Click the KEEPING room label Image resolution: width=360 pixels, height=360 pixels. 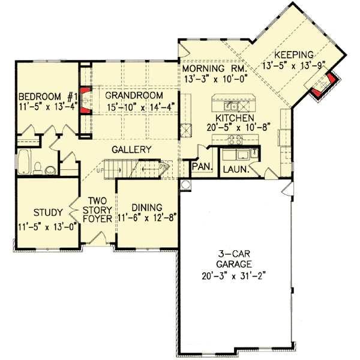click(x=295, y=53)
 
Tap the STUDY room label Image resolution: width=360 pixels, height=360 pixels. click(x=35, y=212)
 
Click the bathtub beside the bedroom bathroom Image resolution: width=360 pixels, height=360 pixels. click(x=25, y=163)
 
